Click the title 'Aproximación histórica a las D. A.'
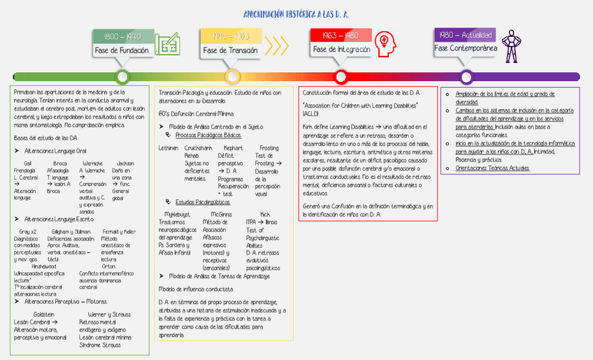[296, 14]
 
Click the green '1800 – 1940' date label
[122, 36]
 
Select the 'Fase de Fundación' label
[122, 50]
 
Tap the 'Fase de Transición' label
[231, 50]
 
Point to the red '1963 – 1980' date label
[341, 35]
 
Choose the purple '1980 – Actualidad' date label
[466, 35]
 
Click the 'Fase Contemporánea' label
[466, 48]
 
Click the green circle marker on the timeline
[122, 76]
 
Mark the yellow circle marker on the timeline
[231, 76]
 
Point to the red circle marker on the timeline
[341, 76]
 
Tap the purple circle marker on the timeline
[466, 76]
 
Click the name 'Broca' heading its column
[60, 163]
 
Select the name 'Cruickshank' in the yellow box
[199, 148]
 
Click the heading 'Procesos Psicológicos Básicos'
[208, 134]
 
